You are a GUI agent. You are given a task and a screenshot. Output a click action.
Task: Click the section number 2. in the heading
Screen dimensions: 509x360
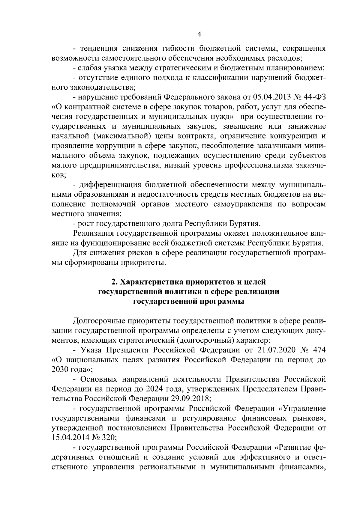coord(114,282)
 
